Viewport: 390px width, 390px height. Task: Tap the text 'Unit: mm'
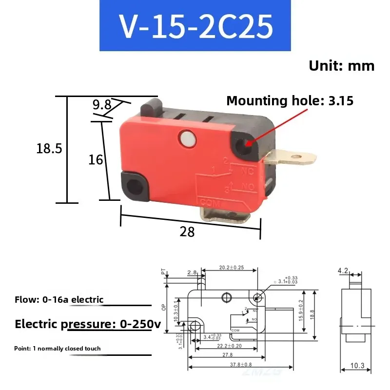341,66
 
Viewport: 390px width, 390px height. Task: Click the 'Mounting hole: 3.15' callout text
290,101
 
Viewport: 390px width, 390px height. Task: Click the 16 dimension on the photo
96,159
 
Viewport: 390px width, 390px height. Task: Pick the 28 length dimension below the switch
187,232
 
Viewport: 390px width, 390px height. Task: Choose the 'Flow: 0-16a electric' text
59,299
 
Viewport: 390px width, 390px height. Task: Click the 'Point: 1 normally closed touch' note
58,348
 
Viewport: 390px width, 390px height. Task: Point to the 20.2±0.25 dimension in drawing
231,268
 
